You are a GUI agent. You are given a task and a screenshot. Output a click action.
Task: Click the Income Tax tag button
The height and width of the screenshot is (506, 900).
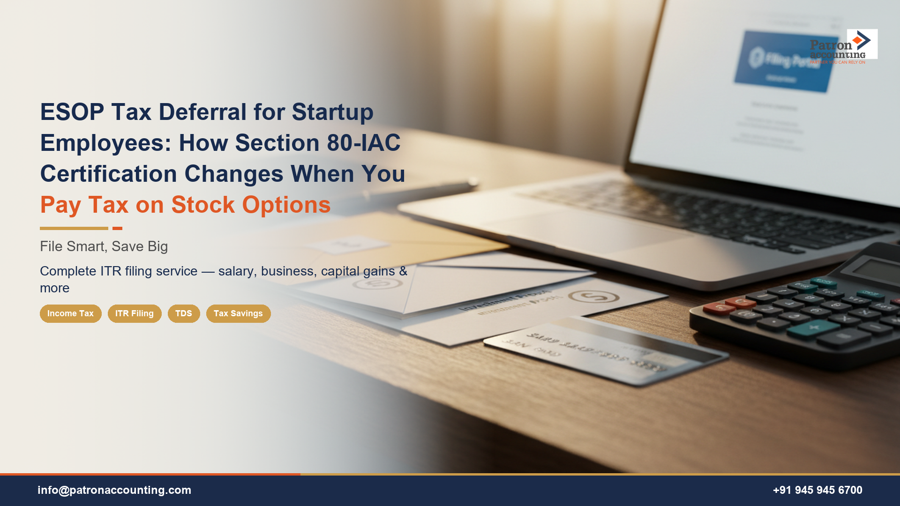pyautogui.click(x=70, y=313)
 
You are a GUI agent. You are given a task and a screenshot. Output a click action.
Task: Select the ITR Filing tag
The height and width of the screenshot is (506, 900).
pyautogui.click(x=135, y=313)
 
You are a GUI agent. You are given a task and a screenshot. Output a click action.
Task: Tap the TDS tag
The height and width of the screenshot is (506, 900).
pyautogui.click(x=184, y=313)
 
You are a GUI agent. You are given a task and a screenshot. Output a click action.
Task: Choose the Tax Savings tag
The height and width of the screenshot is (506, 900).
pyautogui.click(x=238, y=313)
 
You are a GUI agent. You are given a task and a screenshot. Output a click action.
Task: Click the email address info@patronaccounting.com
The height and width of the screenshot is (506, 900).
pyautogui.click(x=114, y=490)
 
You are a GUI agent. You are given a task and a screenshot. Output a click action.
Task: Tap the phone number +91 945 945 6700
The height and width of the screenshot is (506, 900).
pyautogui.click(x=817, y=490)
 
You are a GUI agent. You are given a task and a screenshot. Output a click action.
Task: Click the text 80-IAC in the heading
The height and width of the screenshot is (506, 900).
pyautogui.click(x=364, y=143)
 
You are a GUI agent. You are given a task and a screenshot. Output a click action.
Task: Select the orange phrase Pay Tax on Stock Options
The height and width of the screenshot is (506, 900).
pyautogui.click(x=185, y=205)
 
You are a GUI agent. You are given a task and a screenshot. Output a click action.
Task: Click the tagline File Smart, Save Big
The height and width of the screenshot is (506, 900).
pyautogui.click(x=104, y=246)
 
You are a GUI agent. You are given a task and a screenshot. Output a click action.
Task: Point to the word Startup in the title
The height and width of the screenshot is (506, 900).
pyautogui.click(x=332, y=112)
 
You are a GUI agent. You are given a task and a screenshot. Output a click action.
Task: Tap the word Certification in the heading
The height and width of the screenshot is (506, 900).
pyautogui.click(x=109, y=174)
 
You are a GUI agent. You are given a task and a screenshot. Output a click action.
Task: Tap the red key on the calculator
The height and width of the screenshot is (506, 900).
pyautogui.click(x=720, y=308)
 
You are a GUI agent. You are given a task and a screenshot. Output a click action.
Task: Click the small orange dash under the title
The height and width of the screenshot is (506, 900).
pyautogui.click(x=117, y=229)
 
